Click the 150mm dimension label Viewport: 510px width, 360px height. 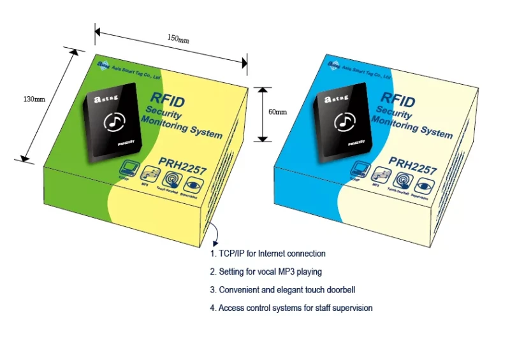click(178, 39)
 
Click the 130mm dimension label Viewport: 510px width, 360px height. click(34, 99)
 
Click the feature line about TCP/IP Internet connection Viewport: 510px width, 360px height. click(268, 254)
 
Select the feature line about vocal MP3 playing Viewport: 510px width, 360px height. click(266, 271)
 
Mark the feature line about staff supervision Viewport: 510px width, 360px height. click(291, 308)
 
